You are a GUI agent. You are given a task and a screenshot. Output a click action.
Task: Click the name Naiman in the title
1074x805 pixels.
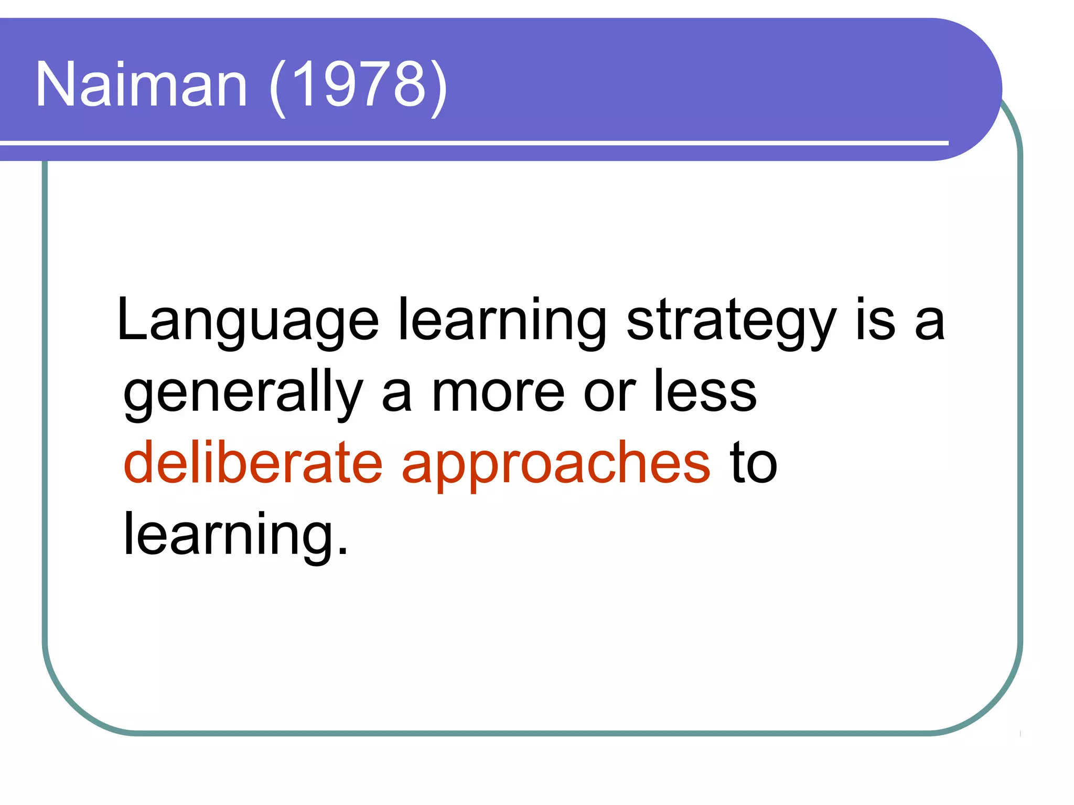tap(141, 85)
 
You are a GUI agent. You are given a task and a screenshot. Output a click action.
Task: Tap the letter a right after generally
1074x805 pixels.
tap(396, 396)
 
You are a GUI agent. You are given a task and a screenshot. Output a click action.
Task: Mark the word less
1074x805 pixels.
tap(705, 391)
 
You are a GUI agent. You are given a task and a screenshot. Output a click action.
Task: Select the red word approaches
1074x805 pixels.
tap(556, 465)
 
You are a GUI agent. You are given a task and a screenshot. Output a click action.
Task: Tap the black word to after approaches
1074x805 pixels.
tap(753, 464)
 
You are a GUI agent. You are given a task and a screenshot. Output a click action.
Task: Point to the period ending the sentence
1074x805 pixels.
tap(342, 550)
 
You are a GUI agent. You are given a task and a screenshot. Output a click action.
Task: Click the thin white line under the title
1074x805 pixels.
tap(472, 143)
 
